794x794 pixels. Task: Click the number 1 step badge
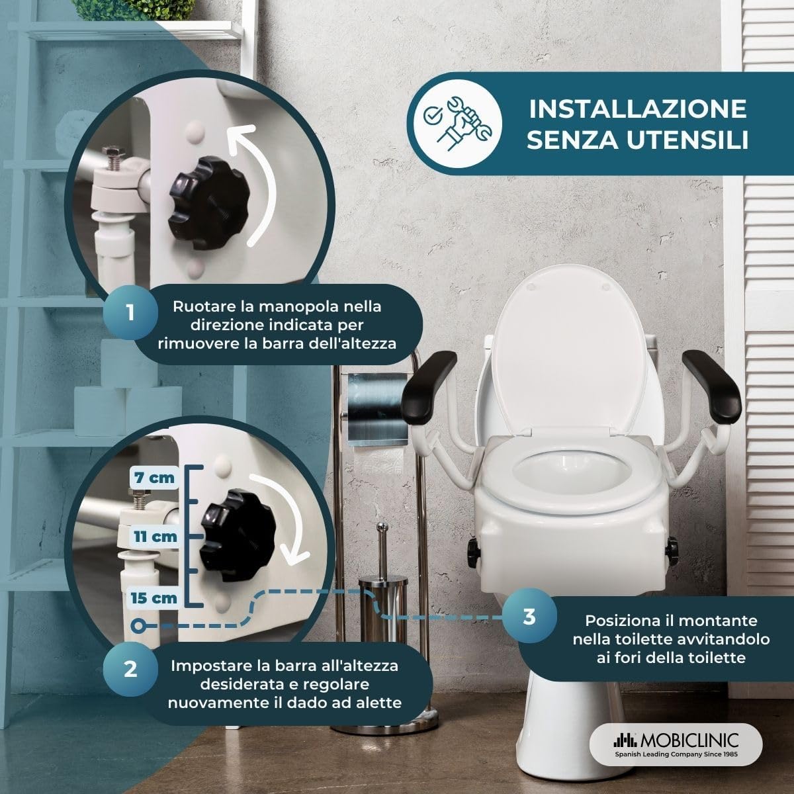(130, 312)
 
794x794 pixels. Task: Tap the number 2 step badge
(130, 668)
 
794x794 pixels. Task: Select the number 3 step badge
(529, 617)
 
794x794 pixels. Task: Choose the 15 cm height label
(154, 597)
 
